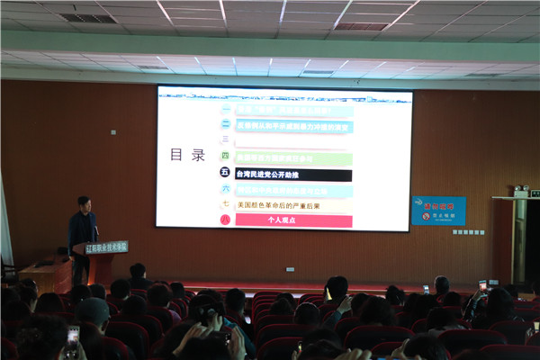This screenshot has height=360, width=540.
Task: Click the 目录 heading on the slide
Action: [188, 155]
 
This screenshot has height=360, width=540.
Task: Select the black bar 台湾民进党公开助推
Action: [293, 174]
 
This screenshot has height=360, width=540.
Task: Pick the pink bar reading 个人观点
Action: [293, 220]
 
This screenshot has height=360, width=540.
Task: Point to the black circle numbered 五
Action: [225, 174]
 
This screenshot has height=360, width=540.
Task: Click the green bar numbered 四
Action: [293, 157]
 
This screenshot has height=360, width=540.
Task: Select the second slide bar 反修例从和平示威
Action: [293, 126]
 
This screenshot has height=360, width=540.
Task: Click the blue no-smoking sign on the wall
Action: [438, 210]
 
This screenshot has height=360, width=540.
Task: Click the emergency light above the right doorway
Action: [521, 191]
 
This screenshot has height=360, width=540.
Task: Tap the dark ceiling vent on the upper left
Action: [87, 18]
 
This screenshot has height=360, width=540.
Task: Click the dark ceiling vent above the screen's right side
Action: [362, 27]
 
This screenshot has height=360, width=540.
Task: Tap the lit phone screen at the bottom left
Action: [73, 337]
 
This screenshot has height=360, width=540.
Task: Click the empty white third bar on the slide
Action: [293, 141]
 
